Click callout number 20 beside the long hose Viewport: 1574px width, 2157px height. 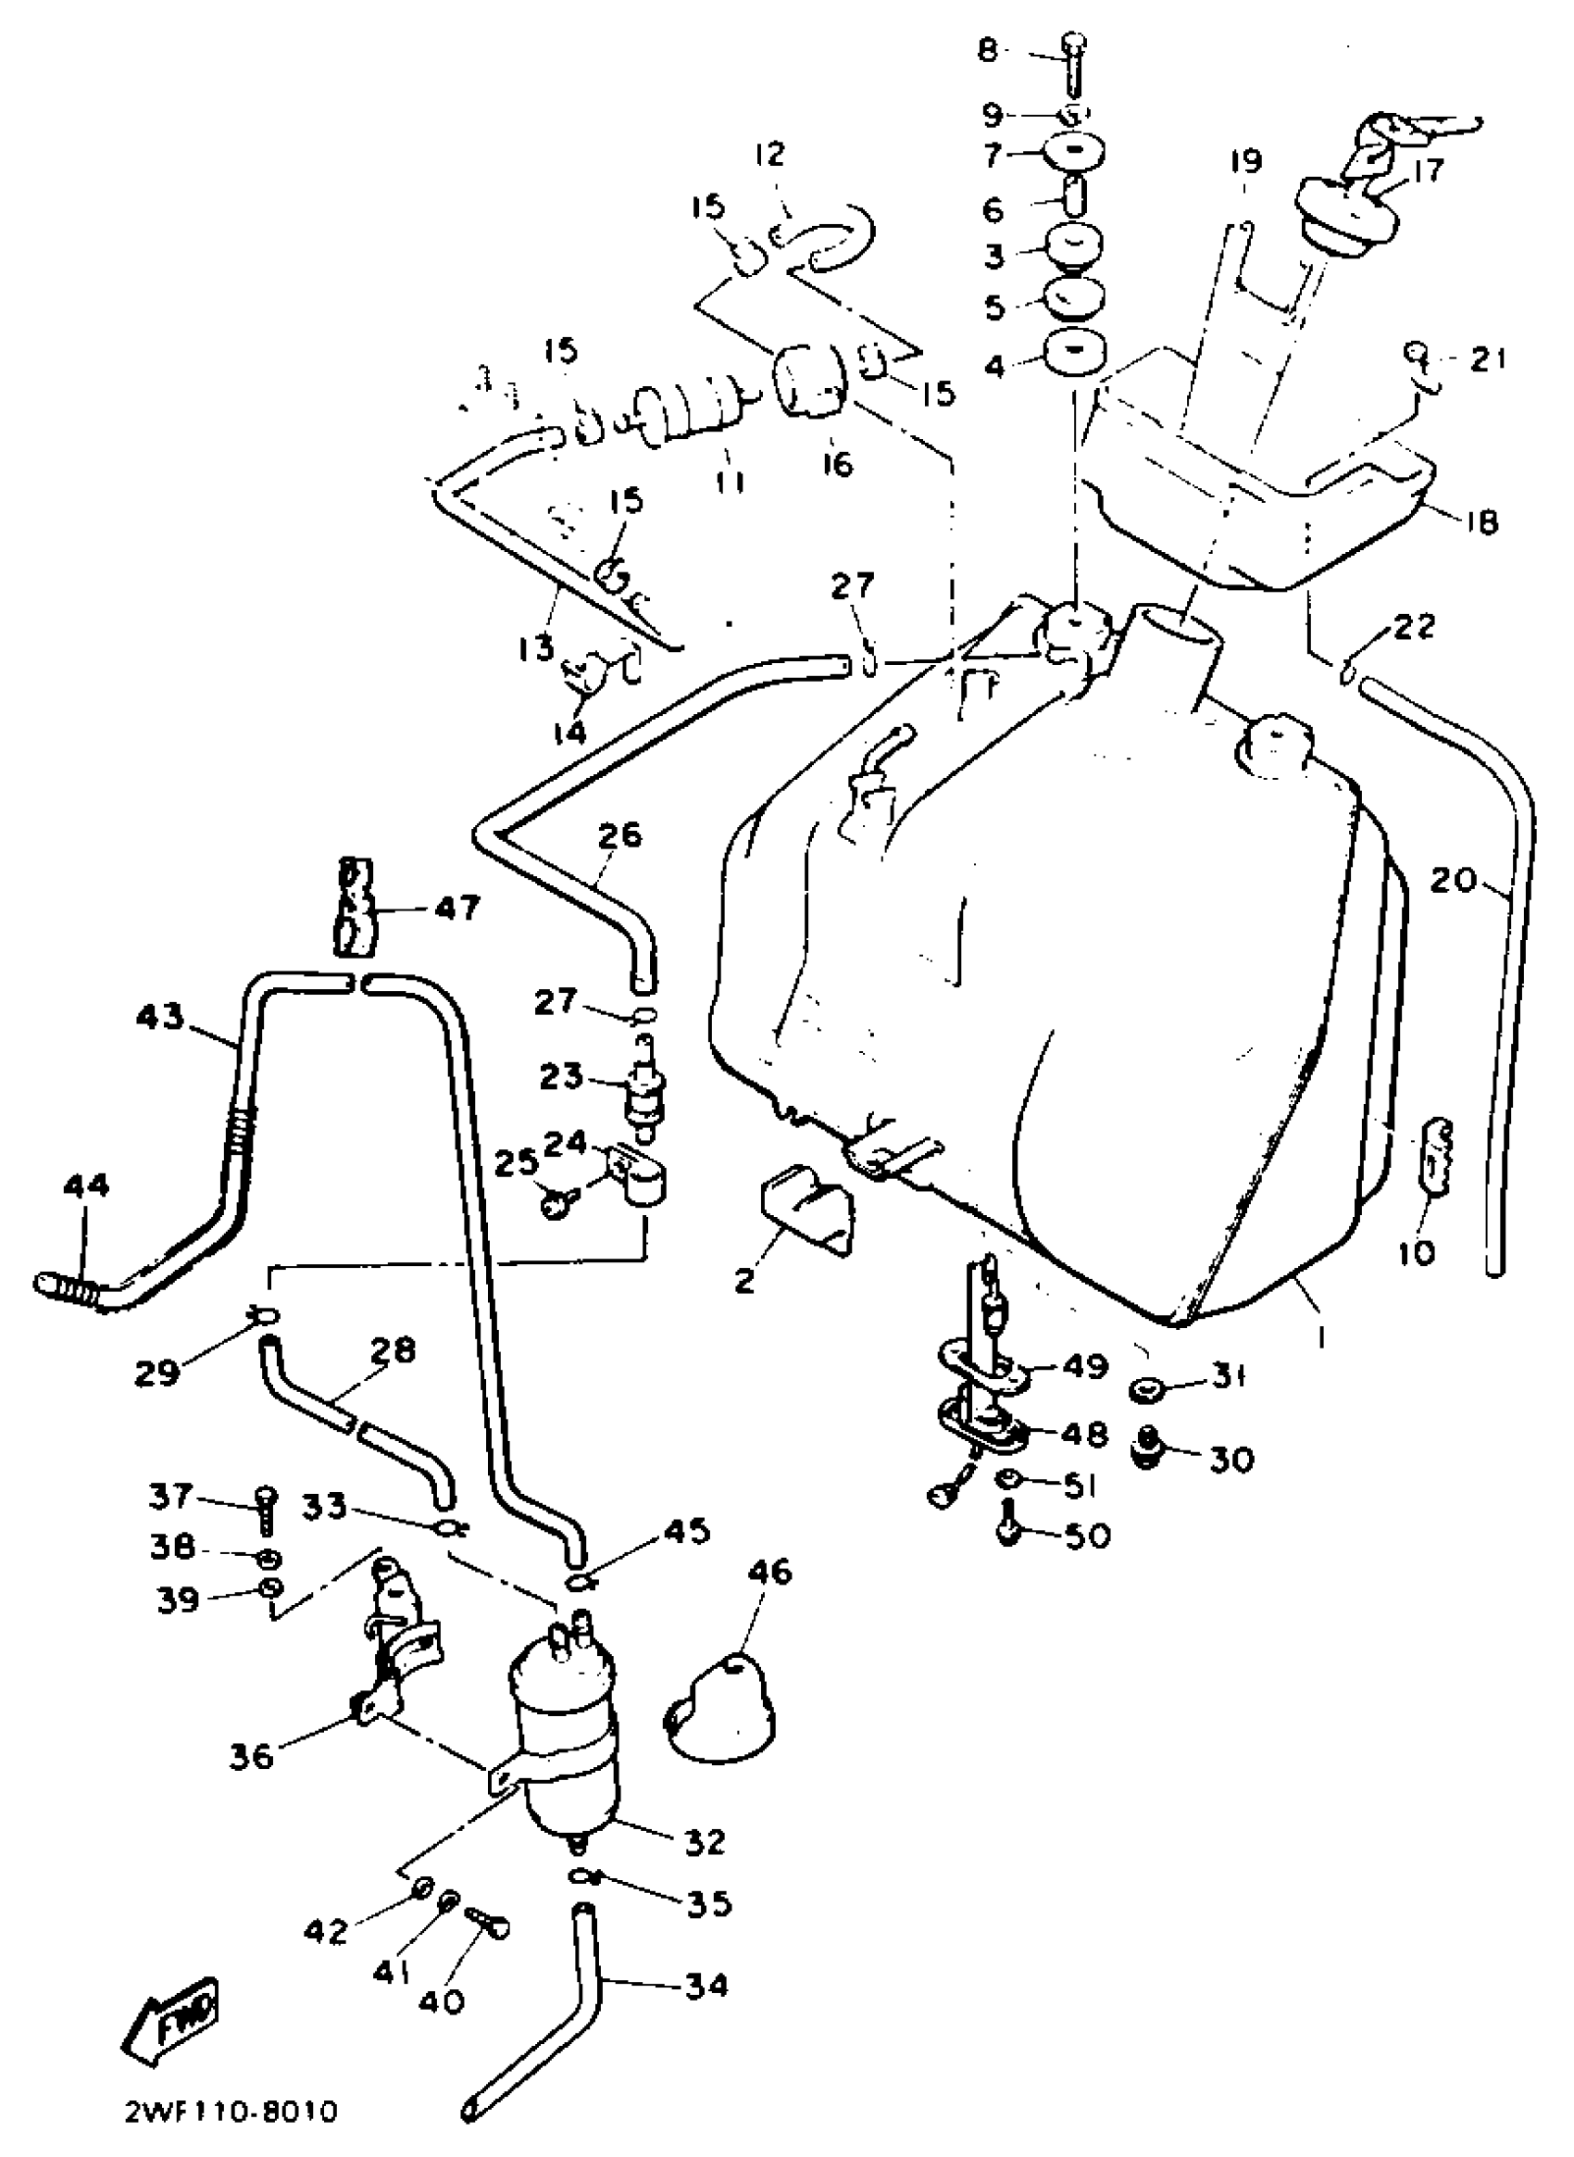(x=1452, y=880)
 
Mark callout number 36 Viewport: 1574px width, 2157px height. (x=252, y=1755)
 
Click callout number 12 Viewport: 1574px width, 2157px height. (x=768, y=154)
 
